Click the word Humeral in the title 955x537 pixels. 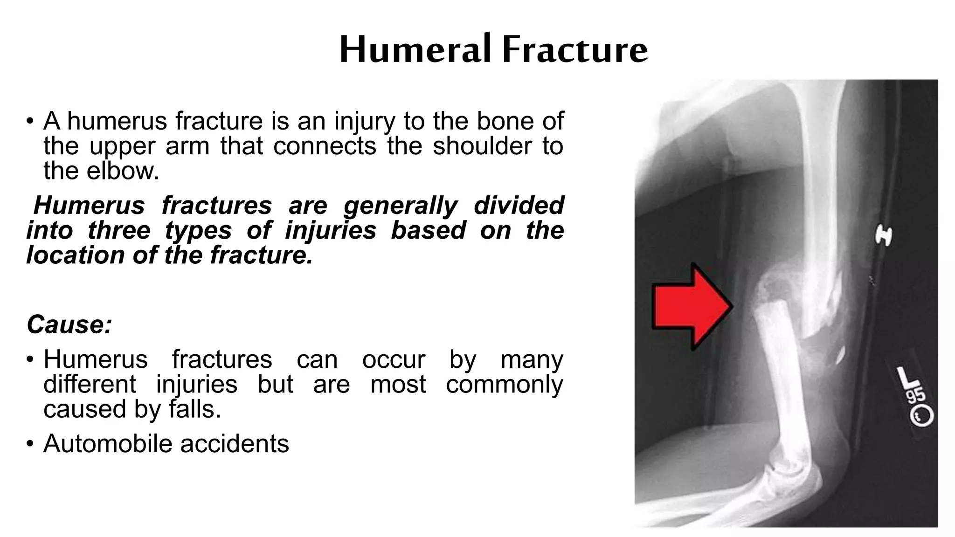pyautogui.click(x=415, y=49)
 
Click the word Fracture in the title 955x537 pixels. pyautogui.click(x=575, y=49)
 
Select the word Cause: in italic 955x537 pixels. pyautogui.click(x=69, y=324)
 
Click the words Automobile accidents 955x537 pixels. pyautogui.click(x=166, y=443)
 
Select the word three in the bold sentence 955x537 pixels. pyautogui.click(x=119, y=230)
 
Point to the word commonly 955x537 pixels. pyautogui.click(x=504, y=385)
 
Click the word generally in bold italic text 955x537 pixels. pyautogui.click(x=401, y=206)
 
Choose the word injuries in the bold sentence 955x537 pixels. pyautogui.click(x=330, y=230)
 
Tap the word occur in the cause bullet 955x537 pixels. pyautogui.click(x=393, y=360)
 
